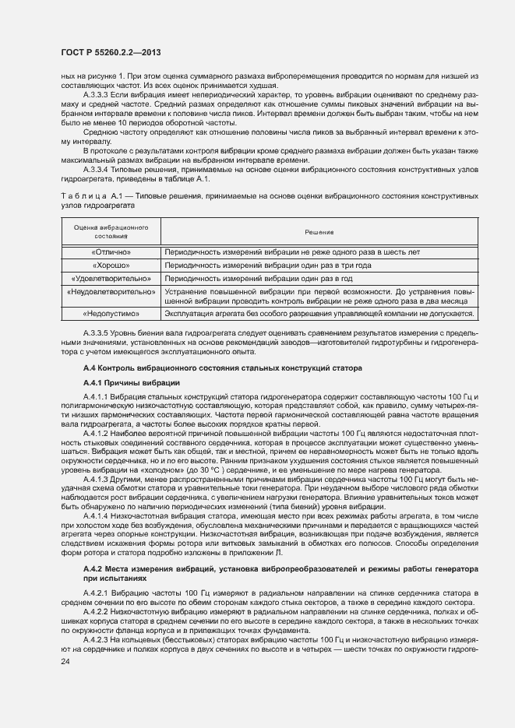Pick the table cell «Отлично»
pos(111,252)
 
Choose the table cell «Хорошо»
pos(111,265)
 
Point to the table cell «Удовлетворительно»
pos(111,277)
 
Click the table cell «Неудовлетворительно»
pos(111,290)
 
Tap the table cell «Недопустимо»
pos(111,313)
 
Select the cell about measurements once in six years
pos(292,252)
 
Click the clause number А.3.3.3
pos(99,93)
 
